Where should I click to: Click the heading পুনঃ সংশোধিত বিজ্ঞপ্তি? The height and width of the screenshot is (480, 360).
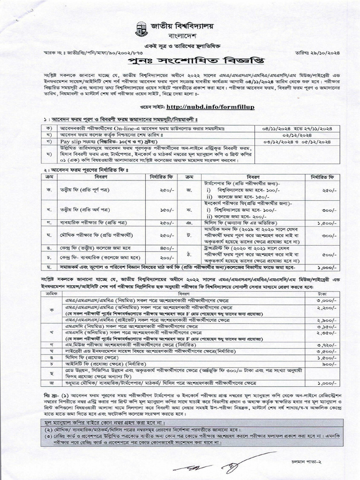point(180,62)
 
